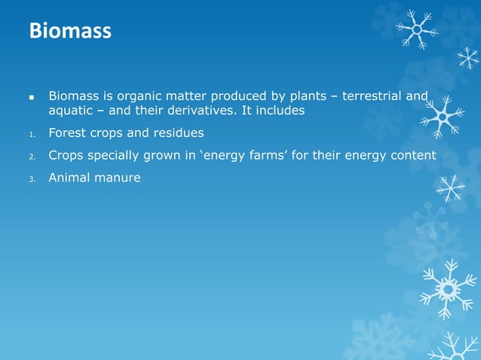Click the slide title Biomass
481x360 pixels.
[69, 32]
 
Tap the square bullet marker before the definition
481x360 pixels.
[32, 97]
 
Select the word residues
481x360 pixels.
[175, 133]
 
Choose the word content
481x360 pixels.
[412, 156]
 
